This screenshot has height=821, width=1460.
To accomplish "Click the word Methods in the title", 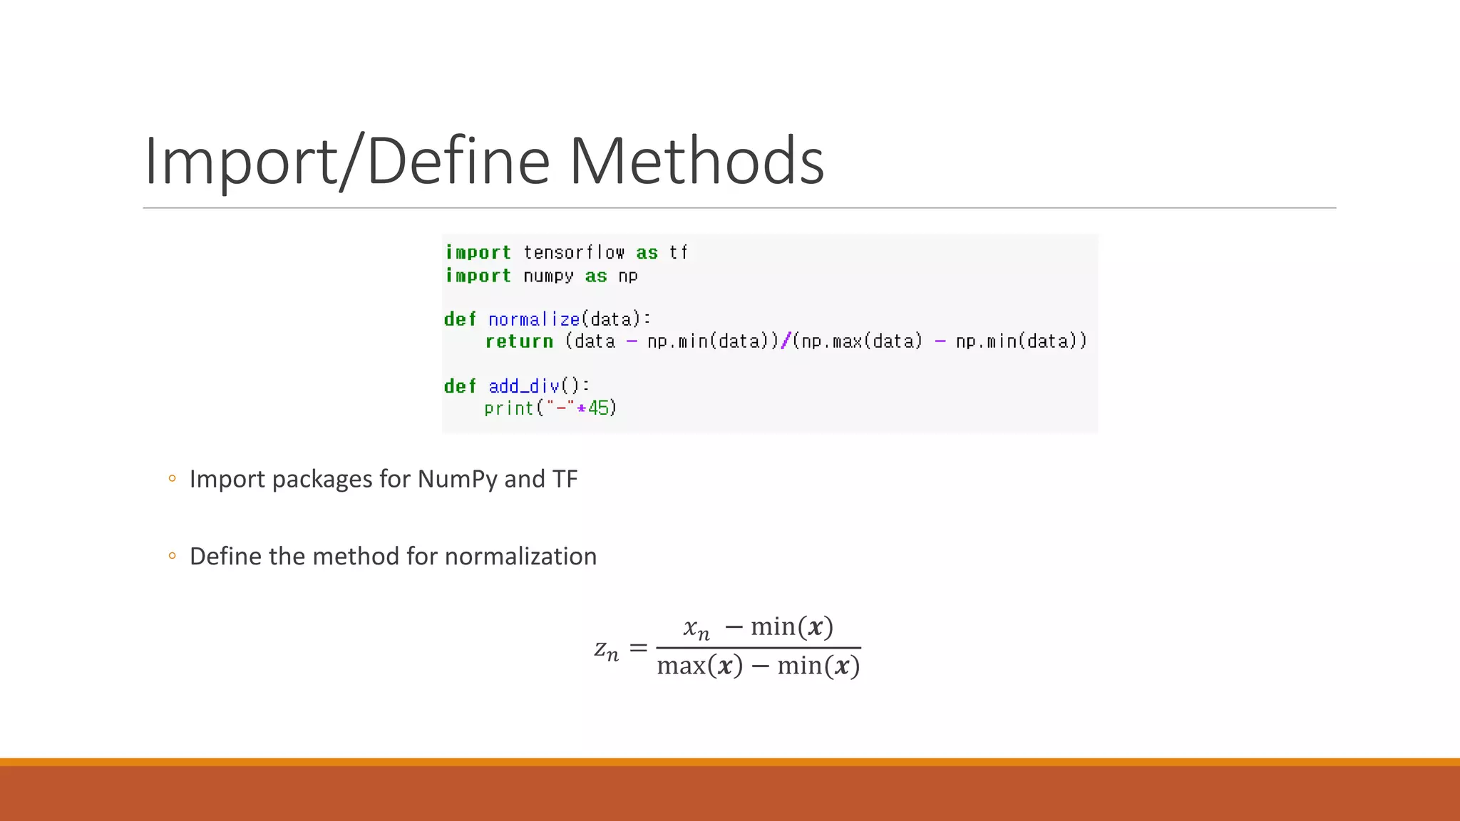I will tap(696, 161).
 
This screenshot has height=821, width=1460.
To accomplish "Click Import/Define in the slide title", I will tap(347, 161).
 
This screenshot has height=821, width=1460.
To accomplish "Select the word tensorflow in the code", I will tap(574, 252).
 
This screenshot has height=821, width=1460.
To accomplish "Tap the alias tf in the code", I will tap(678, 252).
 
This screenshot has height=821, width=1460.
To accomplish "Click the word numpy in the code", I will tap(548, 276).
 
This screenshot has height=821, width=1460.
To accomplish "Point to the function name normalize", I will tap(534, 319).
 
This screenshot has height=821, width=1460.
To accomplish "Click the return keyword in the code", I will tap(519, 341).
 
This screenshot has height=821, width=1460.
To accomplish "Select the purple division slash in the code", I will tap(786, 341).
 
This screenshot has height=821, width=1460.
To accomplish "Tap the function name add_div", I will tap(524, 386).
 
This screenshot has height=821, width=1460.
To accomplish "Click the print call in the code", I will tap(508, 408).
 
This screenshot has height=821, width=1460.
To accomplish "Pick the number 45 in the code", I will tap(598, 408).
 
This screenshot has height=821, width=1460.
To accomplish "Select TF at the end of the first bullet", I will tap(565, 479).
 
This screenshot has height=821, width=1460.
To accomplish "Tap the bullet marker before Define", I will tap(172, 556).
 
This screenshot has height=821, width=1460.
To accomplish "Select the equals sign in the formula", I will tap(638, 648).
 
